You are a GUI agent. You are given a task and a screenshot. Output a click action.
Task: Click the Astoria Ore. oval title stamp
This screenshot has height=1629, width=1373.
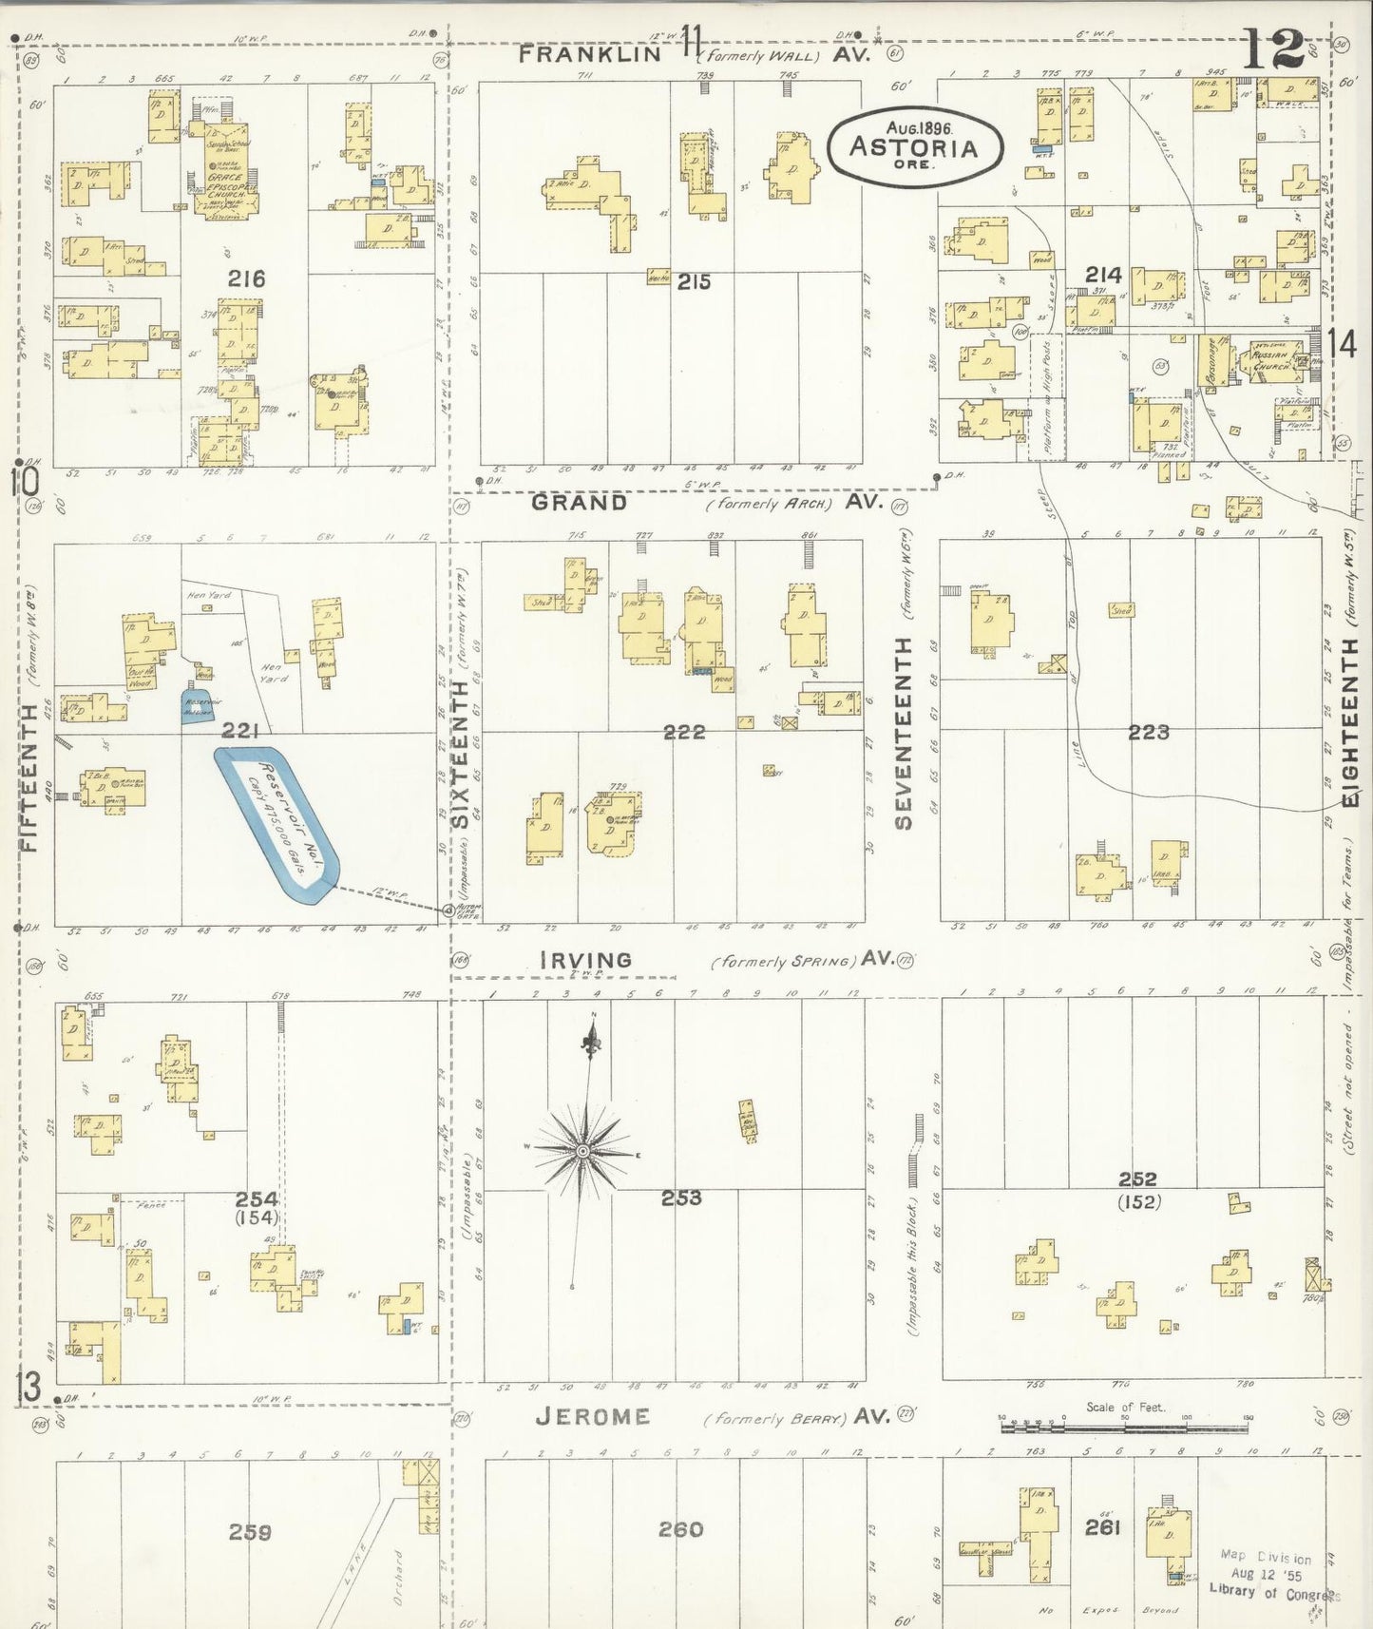coord(914,146)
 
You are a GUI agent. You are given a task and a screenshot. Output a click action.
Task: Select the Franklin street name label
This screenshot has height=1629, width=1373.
coord(590,54)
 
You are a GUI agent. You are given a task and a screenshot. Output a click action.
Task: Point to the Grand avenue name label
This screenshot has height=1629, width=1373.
coord(580,502)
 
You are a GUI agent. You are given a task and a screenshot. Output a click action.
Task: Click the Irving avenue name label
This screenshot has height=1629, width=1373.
coord(585,959)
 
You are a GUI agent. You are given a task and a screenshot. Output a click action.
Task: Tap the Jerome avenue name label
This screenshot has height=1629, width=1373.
coord(593,1416)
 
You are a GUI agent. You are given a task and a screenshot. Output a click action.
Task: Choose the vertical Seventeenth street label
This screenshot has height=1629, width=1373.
coord(903,732)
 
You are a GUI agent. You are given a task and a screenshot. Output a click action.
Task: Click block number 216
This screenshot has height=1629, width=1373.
coord(246,278)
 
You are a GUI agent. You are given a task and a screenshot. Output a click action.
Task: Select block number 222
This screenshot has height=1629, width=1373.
coord(684,731)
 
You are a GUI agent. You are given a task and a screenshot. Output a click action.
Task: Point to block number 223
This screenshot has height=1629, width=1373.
coord(1148,732)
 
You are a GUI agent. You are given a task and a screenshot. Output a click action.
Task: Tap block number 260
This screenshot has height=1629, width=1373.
coord(681,1529)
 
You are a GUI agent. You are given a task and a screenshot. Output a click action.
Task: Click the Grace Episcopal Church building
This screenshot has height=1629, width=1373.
coord(224,171)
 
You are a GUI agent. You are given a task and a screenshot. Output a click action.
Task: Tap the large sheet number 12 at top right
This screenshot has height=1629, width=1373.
coord(1273,48)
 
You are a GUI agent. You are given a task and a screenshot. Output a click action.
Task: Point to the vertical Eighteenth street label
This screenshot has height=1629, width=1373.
coord(1349,722)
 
